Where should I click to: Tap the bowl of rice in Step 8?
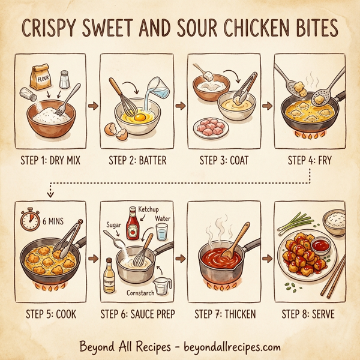(x=335, y=221)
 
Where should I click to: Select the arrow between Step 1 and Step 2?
(x=92, y=107)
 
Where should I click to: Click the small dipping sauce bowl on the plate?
(x=320, y=246)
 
